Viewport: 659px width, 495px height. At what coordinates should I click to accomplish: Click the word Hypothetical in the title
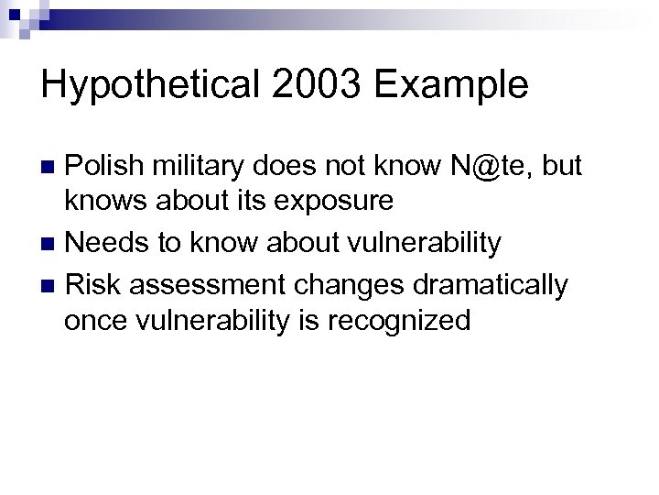(x=143, y=85)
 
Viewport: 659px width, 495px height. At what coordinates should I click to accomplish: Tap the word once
(x=92, y=321)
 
